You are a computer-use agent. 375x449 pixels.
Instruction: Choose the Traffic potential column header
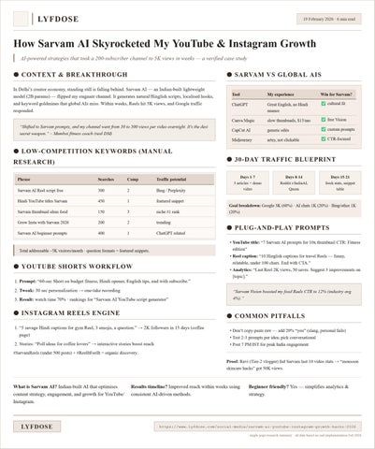click(x=177, y=178)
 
